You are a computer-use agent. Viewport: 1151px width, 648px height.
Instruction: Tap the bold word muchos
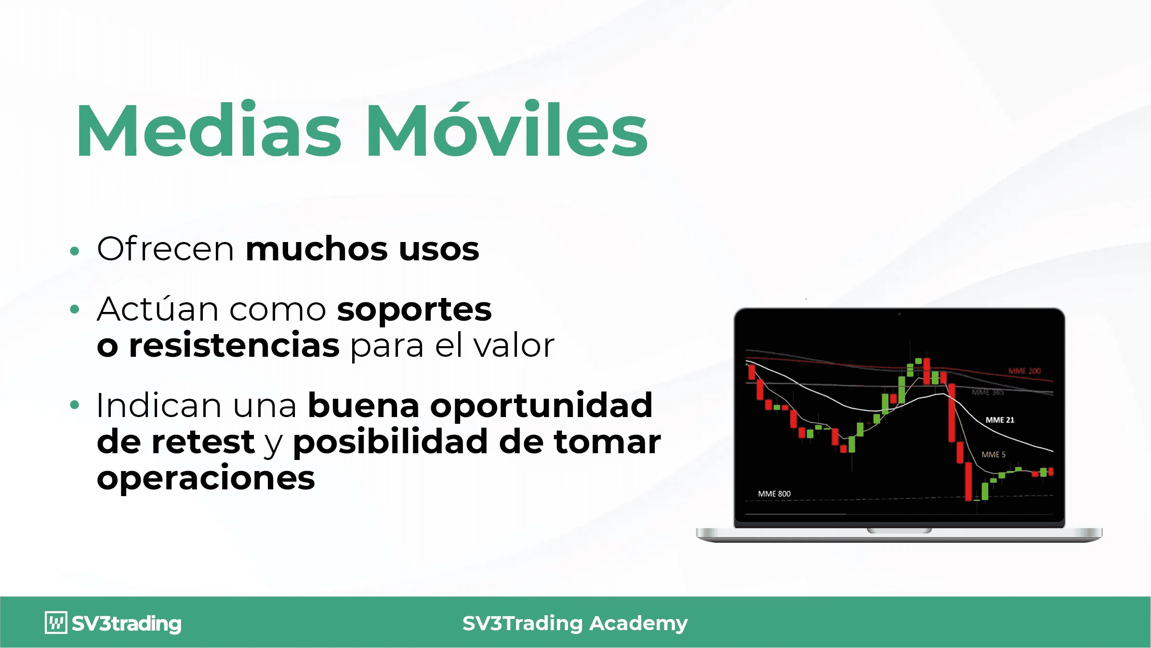pos(317,249)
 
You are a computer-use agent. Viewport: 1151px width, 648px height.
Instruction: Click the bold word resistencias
pos(234,345)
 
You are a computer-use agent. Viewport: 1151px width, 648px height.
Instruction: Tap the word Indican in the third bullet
pos(159,405)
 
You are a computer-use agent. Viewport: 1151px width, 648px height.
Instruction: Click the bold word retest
pos(203,442)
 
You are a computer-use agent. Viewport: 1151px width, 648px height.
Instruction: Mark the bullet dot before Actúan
pos(74,309)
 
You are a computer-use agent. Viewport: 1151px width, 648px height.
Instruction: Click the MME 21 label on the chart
pos(1000,420)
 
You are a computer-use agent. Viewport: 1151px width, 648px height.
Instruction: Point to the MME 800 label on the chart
pos(774,494)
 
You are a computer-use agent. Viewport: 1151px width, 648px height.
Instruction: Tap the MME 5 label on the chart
pos(993,455)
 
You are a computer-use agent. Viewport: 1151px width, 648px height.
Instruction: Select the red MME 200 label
pos(1024,371)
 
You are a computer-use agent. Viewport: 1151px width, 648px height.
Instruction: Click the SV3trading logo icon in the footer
pos(56,622)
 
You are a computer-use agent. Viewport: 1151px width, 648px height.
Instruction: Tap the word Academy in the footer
pos(639,623)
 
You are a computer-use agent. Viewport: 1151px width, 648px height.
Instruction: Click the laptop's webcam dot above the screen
pos(899,314)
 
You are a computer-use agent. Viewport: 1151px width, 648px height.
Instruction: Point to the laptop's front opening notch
pos(899,530)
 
